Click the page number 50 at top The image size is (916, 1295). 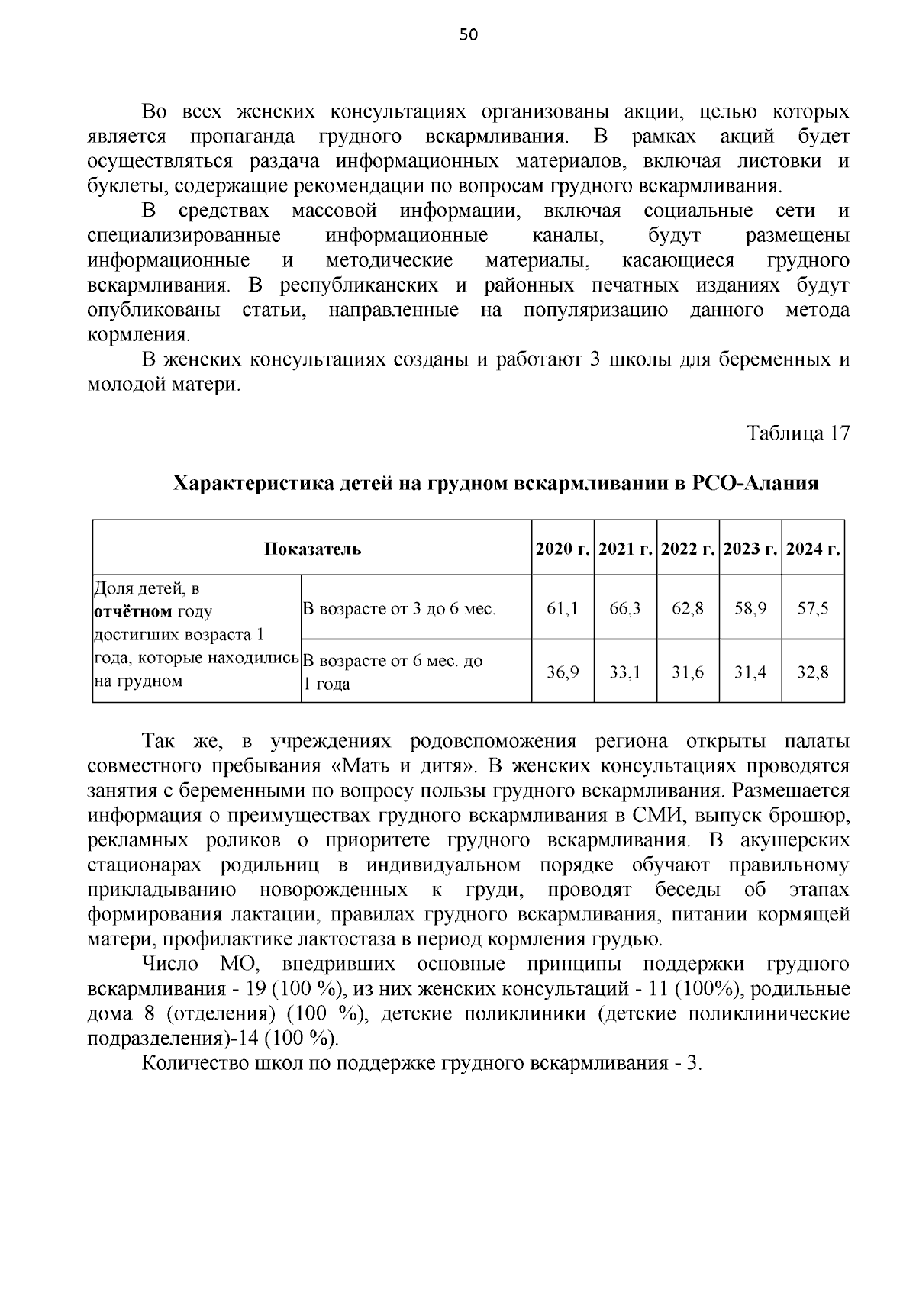[469, 34]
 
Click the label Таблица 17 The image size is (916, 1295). [797, 433]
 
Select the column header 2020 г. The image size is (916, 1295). [563, 549]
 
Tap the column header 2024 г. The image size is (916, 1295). [813, 549]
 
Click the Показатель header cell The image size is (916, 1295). [312, 549]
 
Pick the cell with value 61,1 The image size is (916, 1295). [563, 608]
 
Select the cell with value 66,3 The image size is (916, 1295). [625, 608]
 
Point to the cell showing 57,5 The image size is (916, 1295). [813, 608]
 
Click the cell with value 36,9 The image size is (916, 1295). [563, 672]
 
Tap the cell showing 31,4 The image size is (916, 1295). [750, 672]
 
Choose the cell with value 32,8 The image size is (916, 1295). [813, 672]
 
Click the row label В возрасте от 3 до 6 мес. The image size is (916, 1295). [399, 609]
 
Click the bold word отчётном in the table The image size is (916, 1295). [132, 612]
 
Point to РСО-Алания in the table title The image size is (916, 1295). [755, 484]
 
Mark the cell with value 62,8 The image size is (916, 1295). [688, 608]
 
